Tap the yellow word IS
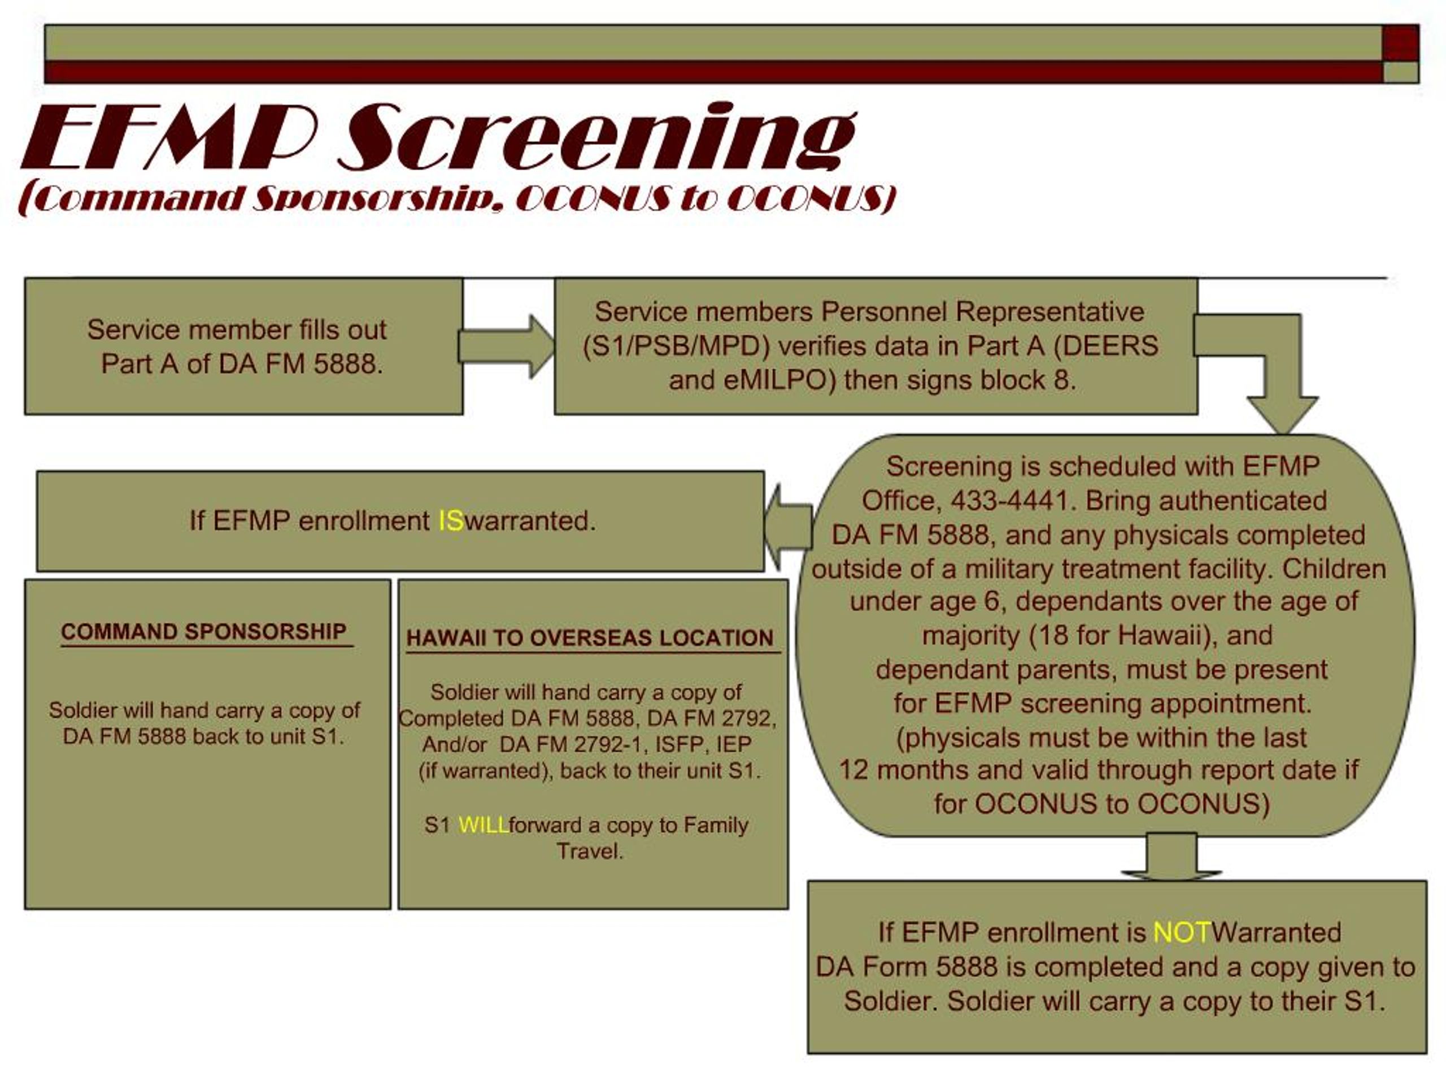[450, 521]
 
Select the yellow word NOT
[1182, 932]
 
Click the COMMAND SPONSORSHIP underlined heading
[203, 632]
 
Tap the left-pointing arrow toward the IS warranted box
[789, 527]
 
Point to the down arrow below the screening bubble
[1171, 857]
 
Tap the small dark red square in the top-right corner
[1400, 43]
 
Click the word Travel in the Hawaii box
[589, 852]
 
